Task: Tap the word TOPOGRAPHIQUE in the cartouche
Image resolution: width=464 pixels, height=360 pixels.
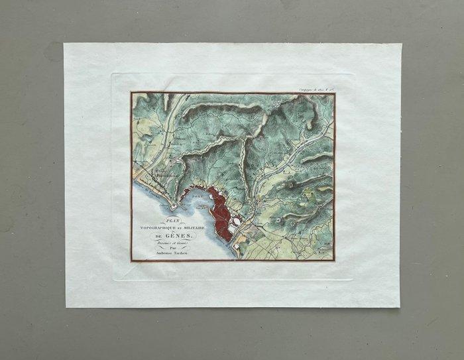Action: click(x=156, y=228)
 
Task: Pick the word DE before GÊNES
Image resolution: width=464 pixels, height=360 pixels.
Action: click(x=158, y=236)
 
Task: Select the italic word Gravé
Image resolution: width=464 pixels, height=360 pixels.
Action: click(x=179, y=243)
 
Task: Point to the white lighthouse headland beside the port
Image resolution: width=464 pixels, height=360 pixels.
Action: click(x=176, y=199)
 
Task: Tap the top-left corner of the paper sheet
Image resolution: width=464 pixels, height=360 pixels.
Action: click(x=64, y=44)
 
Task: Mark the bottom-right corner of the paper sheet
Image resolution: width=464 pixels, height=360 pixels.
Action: click(x=400, y=307)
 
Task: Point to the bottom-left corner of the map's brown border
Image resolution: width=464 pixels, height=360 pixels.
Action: click(x=131, y=261)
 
